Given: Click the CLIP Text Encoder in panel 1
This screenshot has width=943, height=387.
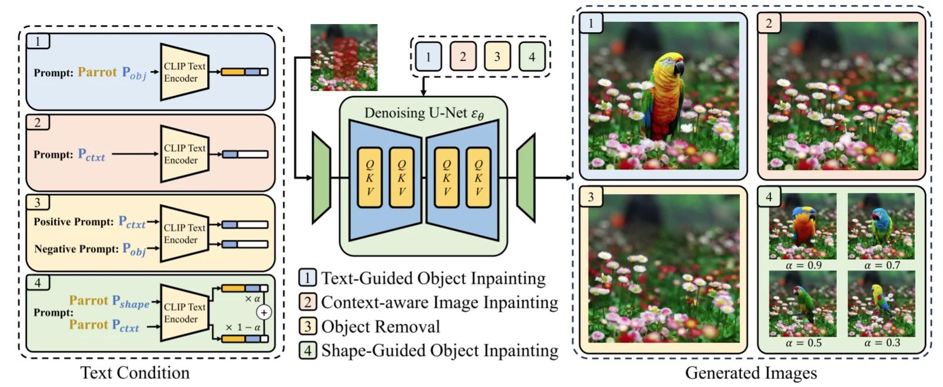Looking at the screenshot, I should pyautogui.click(x=184, y=72).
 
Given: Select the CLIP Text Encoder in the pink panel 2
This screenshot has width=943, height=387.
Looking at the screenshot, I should pyautogui.click(x=184, y=154).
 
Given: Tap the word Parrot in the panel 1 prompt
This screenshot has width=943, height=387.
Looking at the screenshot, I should pyautogui.click(x=97, y=72).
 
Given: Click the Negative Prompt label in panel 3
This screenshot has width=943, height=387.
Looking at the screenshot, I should pyautogui.click(x=76, y=249).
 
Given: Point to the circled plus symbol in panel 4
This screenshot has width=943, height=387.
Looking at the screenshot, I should pyautogui.click(x=264, y=313).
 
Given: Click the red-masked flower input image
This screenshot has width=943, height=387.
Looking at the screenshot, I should pyautogui.click(x=344, y=57).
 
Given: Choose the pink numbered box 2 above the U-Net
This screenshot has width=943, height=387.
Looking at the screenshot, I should pyautogui.click(x=463, y=57).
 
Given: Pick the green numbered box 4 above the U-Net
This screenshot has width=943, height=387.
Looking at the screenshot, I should pyautogui.click(x=532, y=57).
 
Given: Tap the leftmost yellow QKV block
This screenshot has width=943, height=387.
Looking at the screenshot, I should pyautogui.click(x=370, y=178).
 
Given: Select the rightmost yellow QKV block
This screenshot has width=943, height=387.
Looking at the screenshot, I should pyautogui.click(x=478, y=178).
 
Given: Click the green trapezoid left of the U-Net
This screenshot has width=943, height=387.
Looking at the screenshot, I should pyautogui.click(x=322, y=178).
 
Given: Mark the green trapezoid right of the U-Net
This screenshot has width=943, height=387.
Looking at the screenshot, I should pyautogui.click(x=526, y=178).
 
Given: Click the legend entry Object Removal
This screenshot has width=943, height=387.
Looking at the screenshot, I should pyautogui.click(x=380, y=327).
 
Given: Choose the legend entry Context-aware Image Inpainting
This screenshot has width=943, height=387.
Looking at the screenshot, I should pyautogui.click(x=439, y=303).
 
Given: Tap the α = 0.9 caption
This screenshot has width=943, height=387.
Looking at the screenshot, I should pyautogui.click(x=803, y=266).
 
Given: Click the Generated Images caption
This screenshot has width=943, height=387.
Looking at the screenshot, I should pyautogui.click(x=751, y=374).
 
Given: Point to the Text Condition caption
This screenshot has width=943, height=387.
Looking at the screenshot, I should pyautogui.click(x=135, y=373).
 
